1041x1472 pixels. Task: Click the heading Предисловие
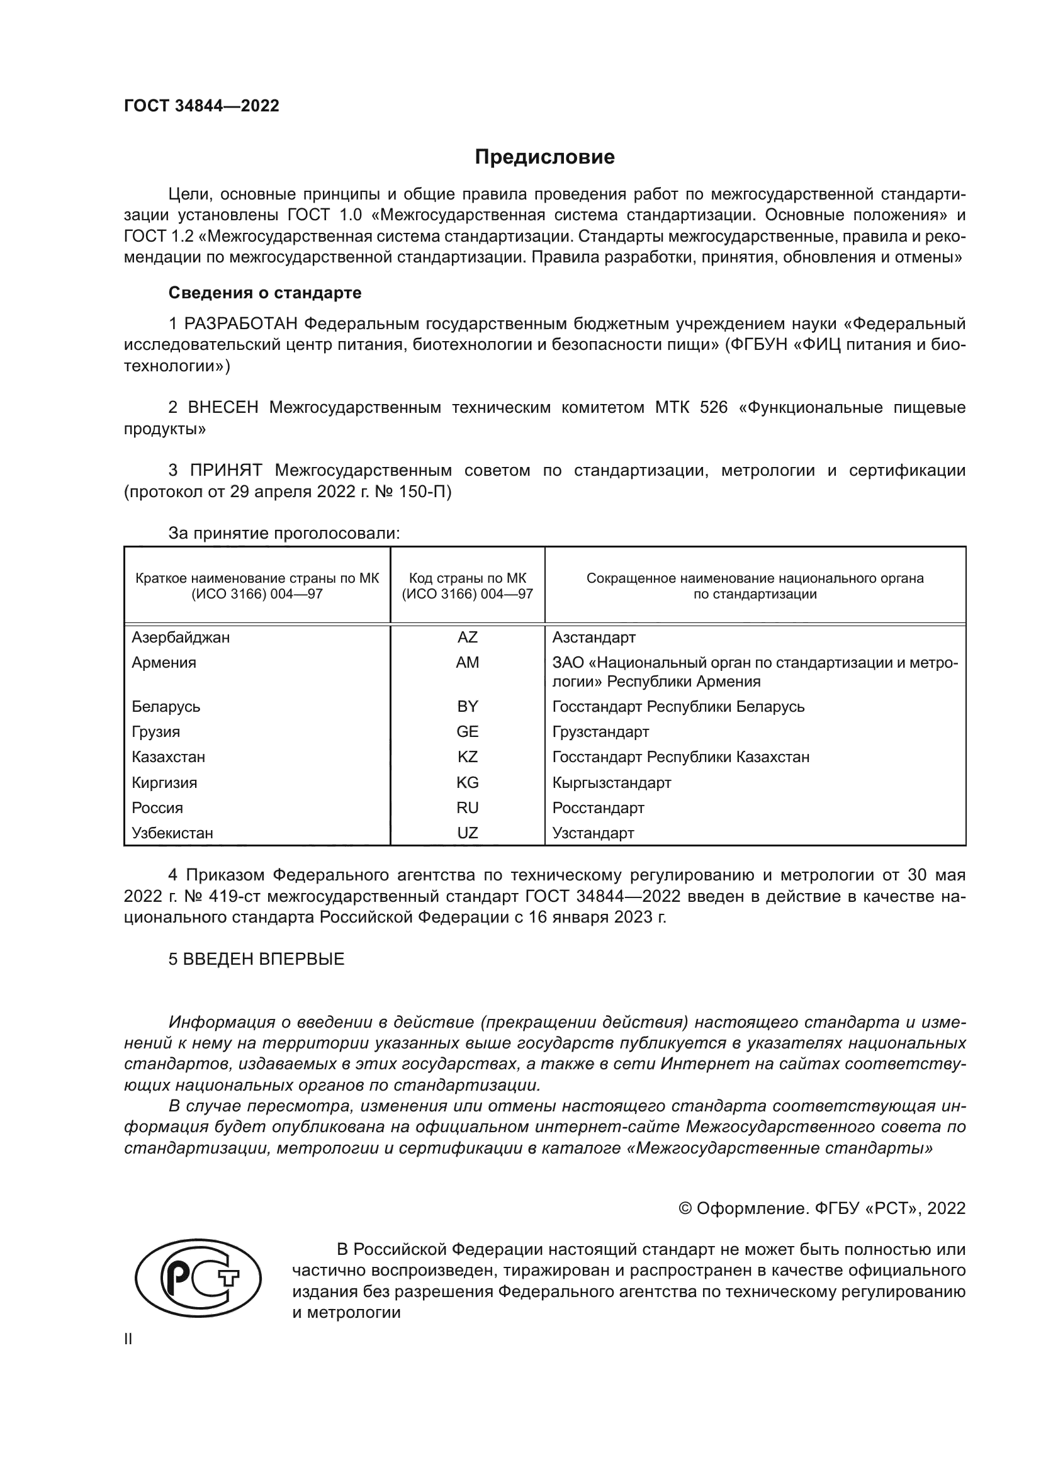click(x=544, y=157)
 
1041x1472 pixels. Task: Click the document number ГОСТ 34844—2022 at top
click(x=202, y=106)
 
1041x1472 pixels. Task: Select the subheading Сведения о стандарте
click(x=265, y=293)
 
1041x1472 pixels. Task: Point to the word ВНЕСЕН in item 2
click(x=223, y=408)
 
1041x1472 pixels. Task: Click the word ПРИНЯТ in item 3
click(x=227, y=471)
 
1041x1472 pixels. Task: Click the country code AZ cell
click(x=467, y=638)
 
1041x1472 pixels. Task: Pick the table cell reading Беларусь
click(x=166, y=707)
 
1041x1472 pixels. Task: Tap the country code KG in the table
click(x=467, y=783)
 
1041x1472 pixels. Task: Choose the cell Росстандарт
click(x=598, y=808)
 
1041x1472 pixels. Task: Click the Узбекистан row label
click(x=172, y=833)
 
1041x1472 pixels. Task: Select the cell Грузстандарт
click(x=600, y=732)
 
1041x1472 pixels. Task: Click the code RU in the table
click(x=467, y=808)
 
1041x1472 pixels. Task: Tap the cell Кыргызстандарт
click(x=612, y=783)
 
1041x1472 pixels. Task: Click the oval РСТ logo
click(x=198, y=1278)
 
